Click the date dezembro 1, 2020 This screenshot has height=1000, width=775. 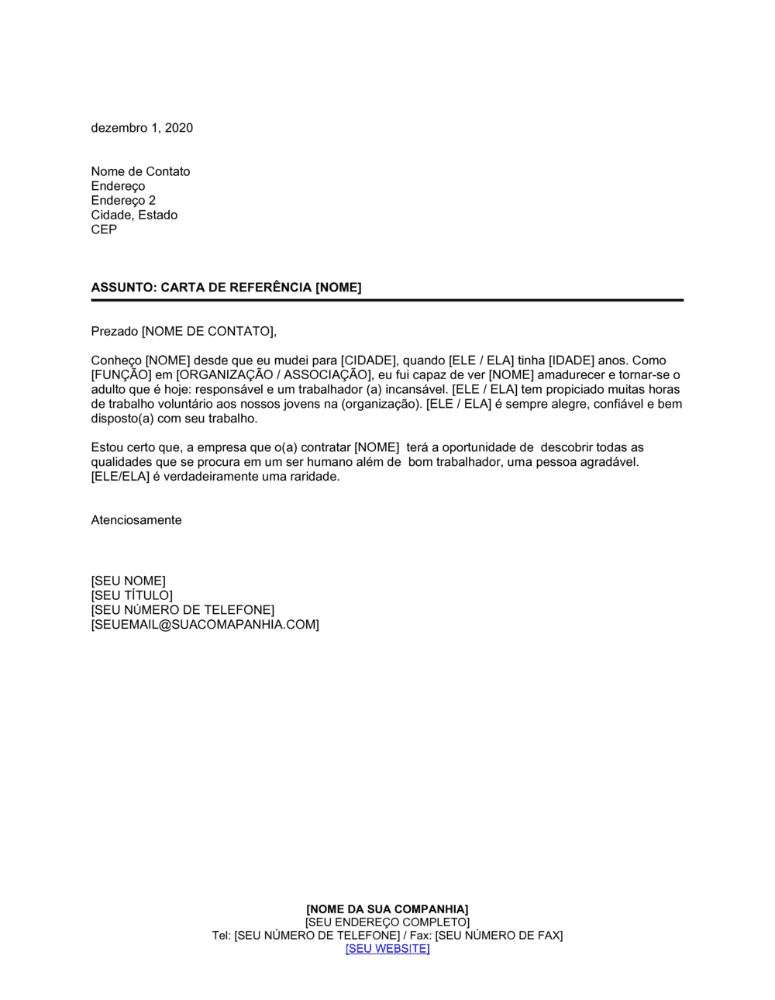pyautogui.click(x=142, y=128)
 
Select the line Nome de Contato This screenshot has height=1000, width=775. pyautogui.click(x=140, y=171)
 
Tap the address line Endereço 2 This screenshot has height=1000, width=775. pyautogui.click(x=123, y=201)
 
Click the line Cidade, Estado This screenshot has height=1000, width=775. pyautogui.click(x=134, y=215)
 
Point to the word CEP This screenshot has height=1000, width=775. pyautogui.click(x=104, y=229)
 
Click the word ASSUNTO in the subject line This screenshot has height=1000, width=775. pyautogui.click(x=123, y=288)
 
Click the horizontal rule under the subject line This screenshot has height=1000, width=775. pyautogui.click(x=387, y=300)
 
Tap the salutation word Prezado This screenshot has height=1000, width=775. pyautogui.click(x=115, y=332)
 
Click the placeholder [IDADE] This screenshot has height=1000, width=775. pyautogui.click(x=571, y=360)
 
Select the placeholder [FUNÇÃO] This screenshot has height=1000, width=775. pyautogui.click(x=121, y=375)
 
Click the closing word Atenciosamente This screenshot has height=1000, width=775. pyautogui.click(x=136, y=520)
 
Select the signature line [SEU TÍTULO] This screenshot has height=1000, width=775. pyautogui.click(x=132, y=595)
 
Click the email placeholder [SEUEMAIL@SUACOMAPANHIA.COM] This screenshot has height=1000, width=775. pyautogui.click(x=205, y=625)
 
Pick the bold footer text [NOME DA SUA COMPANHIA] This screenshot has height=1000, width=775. pyautogui.click(x=387, y=909)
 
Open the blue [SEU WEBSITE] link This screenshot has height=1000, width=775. pyautogui.click(x=387, y=949)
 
